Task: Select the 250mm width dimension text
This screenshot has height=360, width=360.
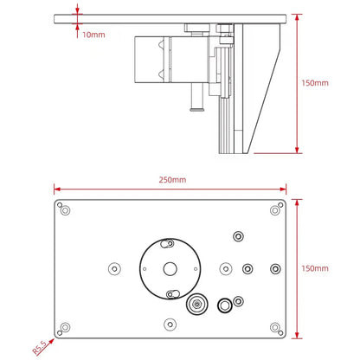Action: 171,180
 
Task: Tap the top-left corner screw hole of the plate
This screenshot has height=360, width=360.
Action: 65,209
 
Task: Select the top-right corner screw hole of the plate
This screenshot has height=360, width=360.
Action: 275,209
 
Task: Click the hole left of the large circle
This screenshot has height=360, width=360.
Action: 112,267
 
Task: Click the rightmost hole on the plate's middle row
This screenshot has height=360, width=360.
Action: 275,267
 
